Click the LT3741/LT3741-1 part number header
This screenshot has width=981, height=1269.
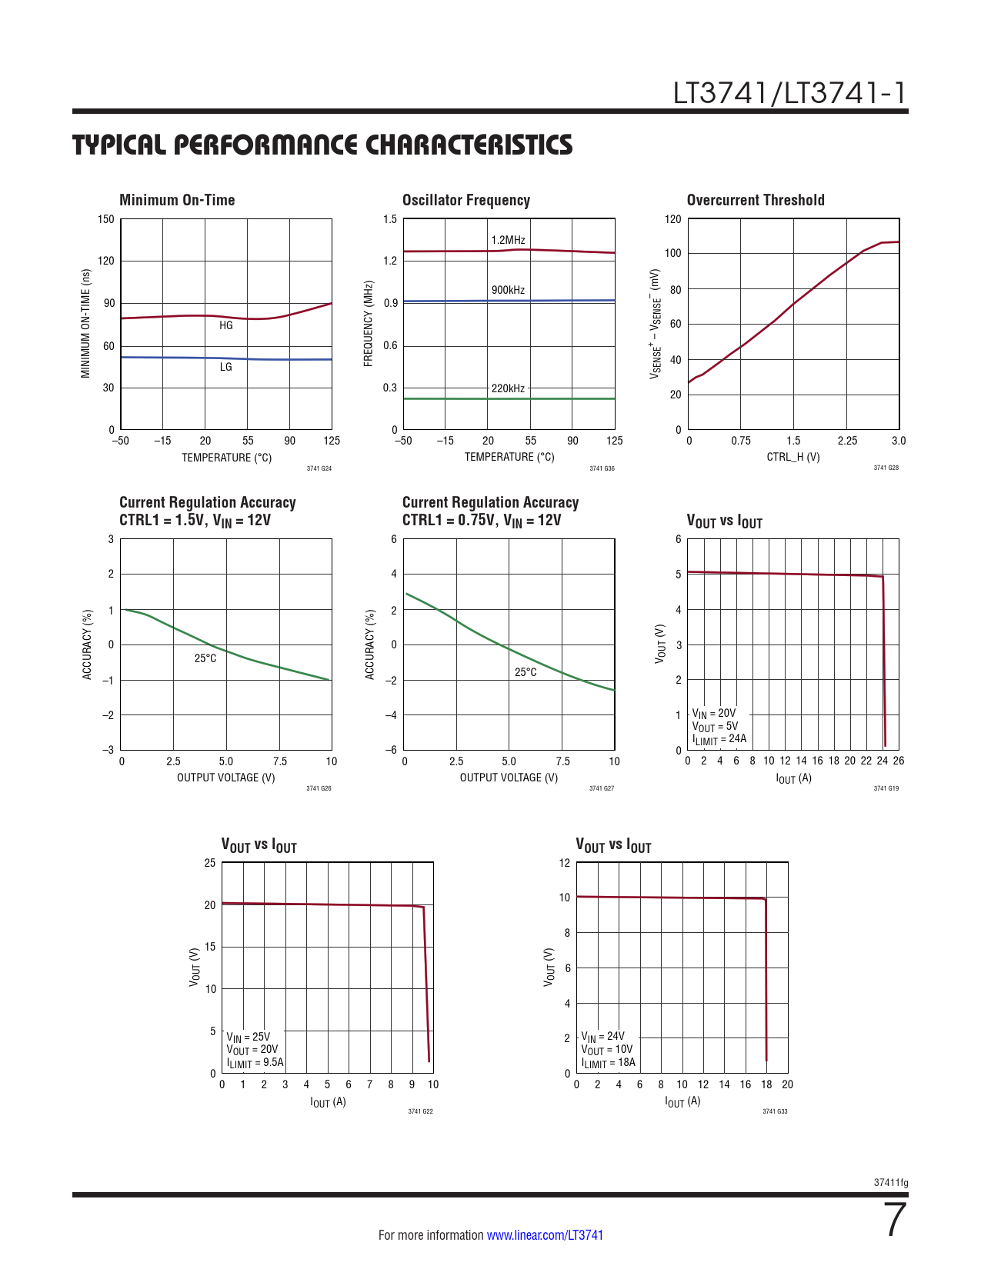(790, 93)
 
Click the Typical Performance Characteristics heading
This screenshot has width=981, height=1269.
(322, 145)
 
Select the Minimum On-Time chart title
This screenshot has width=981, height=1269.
(177, 200)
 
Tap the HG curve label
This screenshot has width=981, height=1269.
(226, 325)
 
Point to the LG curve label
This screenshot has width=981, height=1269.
(226, 367)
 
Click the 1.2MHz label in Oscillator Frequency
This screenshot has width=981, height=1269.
(508, 240)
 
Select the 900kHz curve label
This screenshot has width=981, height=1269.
(508, 290)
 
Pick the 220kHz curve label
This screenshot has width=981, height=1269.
(508, 388)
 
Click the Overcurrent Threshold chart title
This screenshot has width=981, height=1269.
(756, 200)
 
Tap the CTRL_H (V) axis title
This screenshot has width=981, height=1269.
(793, 457)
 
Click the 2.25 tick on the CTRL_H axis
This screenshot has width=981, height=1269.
(847, 441)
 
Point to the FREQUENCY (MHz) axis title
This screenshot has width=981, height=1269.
(369, 324)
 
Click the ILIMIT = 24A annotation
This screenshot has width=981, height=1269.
(719, 740)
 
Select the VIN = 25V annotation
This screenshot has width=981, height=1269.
(249, 1037)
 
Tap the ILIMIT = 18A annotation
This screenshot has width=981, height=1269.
(609, 1063)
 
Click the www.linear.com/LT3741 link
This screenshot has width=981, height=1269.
(545, 1235)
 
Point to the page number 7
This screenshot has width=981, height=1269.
(896, 1221)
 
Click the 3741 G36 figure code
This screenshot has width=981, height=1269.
(602, 468)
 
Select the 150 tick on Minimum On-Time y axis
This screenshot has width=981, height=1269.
(106, 219)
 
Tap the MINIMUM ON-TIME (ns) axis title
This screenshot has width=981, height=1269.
(86, 324)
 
